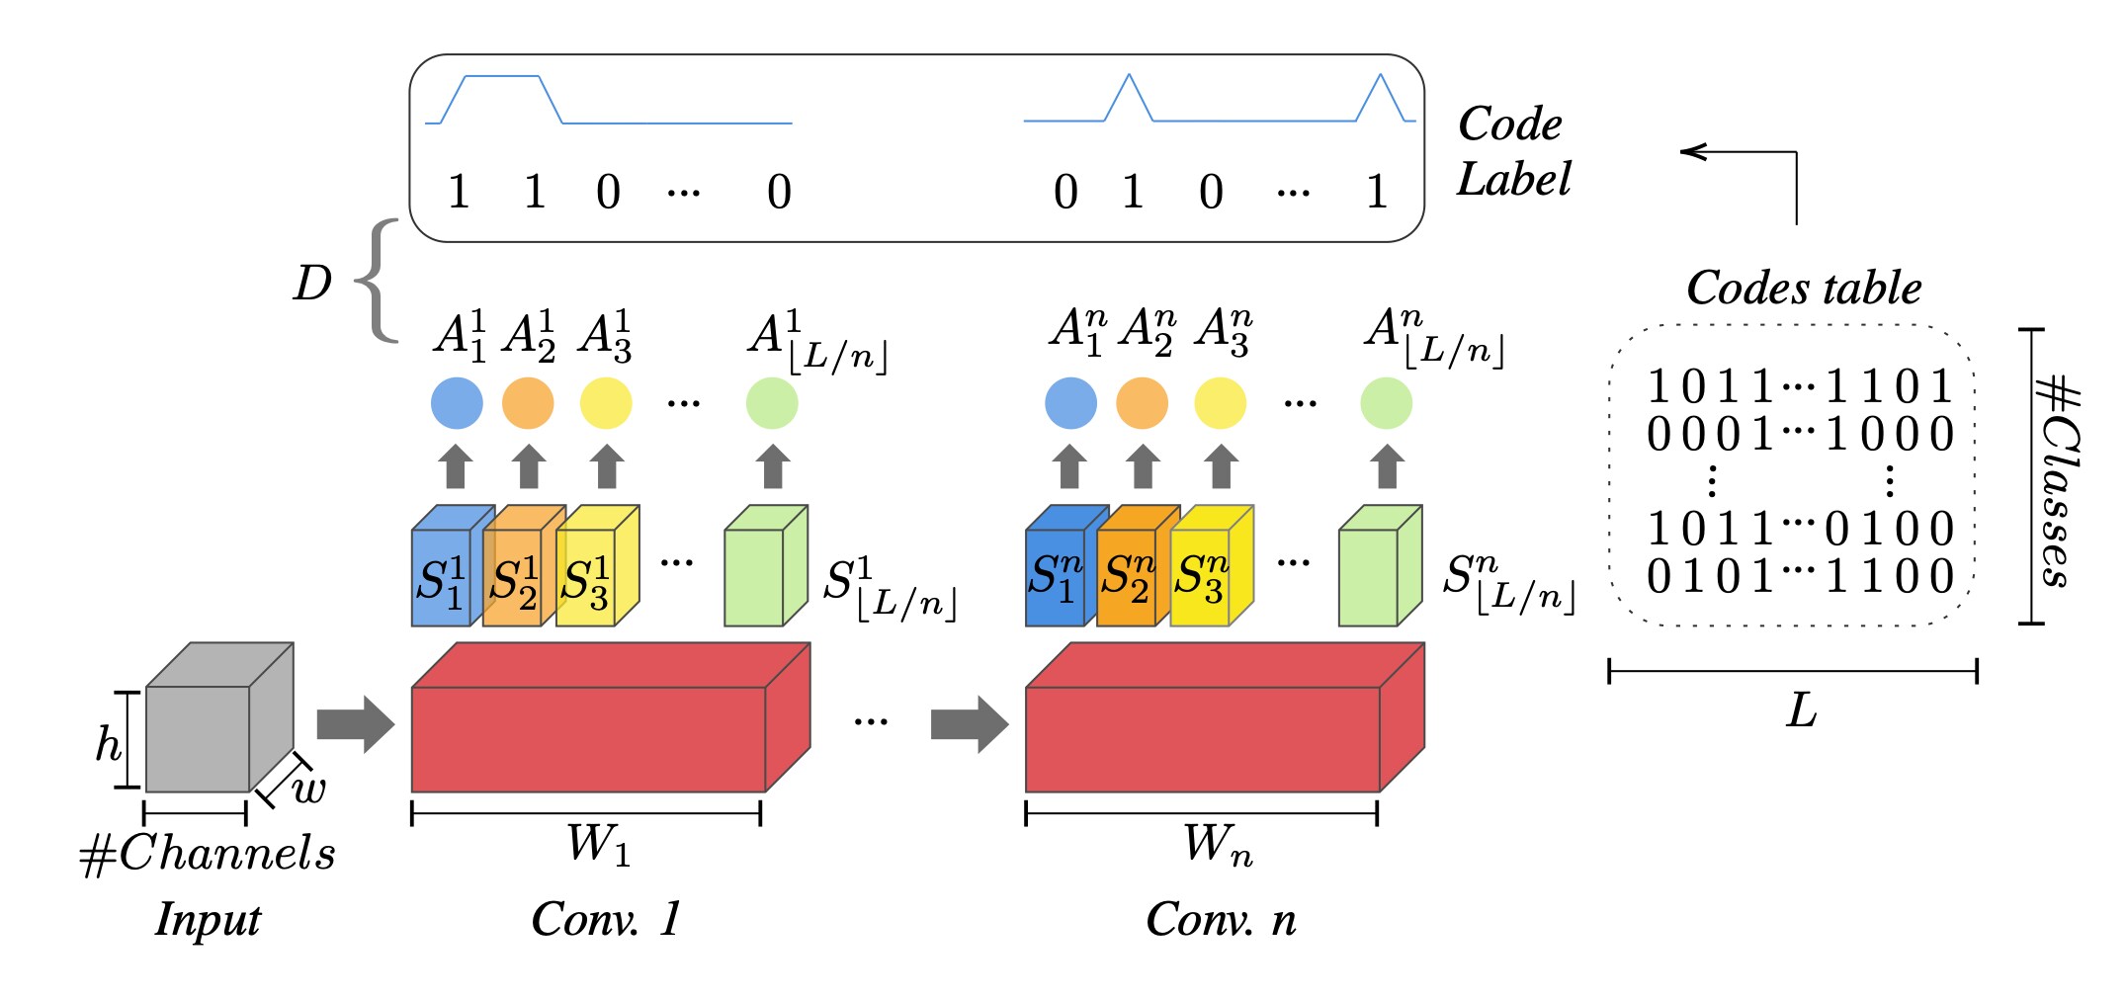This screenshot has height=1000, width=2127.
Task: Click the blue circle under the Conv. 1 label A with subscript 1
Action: pyautogui.click(x=457, y=403)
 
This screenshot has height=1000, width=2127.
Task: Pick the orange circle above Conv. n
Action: pyautogui.click(x=1142, y=403)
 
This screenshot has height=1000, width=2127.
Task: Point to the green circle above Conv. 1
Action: pyautogui.click(x=772, y=403)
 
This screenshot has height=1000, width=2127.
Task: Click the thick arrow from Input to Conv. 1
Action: pyautogui.click(x=354, y=724)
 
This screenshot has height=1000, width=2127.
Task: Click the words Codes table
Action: pyautogui.click(x=1803, y=289)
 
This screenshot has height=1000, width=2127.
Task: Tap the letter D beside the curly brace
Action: pyautogui.click(x=312, y=284)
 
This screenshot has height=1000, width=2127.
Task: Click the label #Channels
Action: pyautogui.click(x=208, y=853)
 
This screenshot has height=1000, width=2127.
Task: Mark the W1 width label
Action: pyautogui.click(x=597, y=846)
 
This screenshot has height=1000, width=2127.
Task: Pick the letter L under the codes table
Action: pyautogui.click(x=1801, y=710)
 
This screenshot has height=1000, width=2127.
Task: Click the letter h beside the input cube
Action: pyautogui.click(x=107, y=744)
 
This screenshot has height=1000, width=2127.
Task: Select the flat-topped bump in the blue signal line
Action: pyautogui.click(x=502, y=77)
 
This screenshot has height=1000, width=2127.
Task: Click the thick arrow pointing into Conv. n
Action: pyautogui.click(x=968, y=724)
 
